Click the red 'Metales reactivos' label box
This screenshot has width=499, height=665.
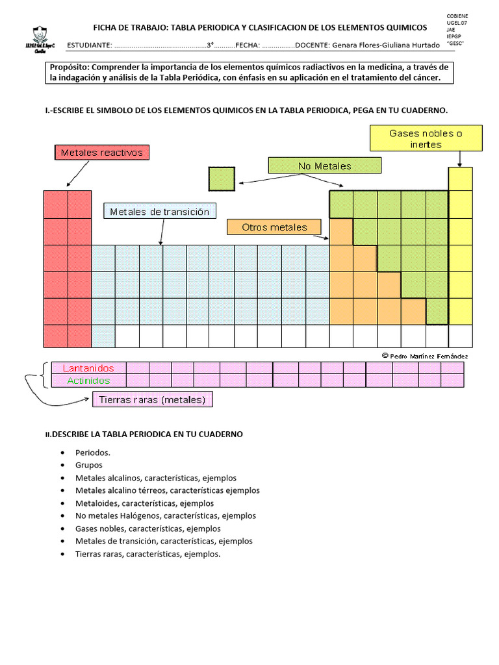[x=102, y=153]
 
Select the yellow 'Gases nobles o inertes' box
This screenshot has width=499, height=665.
[x=426, y=138]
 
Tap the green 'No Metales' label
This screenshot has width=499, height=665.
[x=324, y=166]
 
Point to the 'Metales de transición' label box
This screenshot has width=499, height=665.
[x=160, y=212]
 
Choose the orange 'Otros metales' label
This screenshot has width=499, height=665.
[x=275, y=227]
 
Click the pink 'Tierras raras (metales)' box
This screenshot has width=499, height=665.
[x=153, y=400]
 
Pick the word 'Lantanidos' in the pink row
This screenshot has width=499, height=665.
[x=88, y=368]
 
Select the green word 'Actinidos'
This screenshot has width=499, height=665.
[x=88, y=381]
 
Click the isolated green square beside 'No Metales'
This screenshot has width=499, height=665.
[x=222, y=179]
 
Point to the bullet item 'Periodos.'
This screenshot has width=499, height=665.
[x=93, y=453]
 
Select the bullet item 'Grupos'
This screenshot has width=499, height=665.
[x=89, y=465]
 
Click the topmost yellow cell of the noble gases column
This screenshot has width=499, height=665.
[x=460, y=179]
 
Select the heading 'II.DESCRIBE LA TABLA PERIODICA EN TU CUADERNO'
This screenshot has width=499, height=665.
[x=144, y=434]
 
